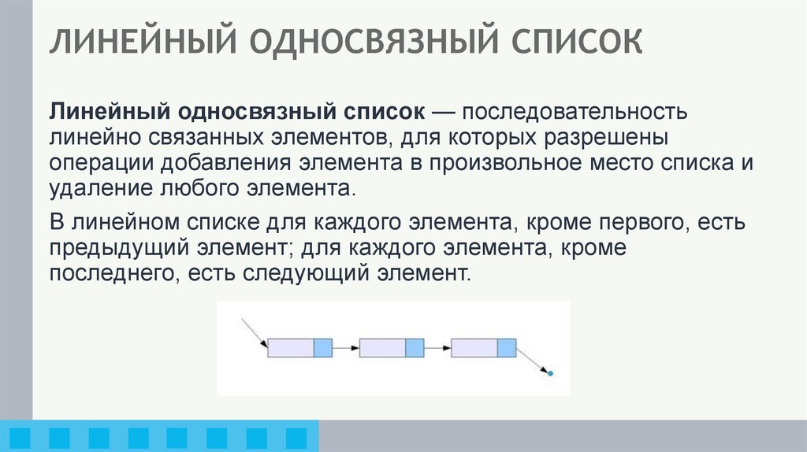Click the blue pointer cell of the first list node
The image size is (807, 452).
click(323, 347)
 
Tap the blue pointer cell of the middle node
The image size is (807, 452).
click(415, 347)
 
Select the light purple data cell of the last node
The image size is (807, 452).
click(474, 347)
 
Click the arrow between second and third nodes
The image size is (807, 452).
click(437, 347)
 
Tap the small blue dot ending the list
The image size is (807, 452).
click(550, 372)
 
